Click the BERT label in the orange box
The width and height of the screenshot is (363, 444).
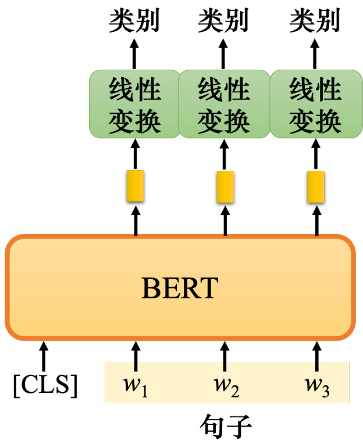click(x=180, y=288)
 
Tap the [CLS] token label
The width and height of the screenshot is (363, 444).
click(x=45, y=385)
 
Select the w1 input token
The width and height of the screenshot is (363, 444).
click(x=135, y=387)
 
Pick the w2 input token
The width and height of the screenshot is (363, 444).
click(x=226, y=387)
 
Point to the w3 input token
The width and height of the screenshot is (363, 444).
click(x=317, y=387)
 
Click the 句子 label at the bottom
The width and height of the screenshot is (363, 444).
click(x=226, y=427)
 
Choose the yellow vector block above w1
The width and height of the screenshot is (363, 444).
click(x=135, y=186)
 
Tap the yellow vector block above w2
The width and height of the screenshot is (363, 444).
click(x=225, y=187)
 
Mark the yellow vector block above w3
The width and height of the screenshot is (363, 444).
click(x=316, y=187)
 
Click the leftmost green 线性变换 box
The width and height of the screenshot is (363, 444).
click(x=134, y=104)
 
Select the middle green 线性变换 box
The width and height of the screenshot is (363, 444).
click(x=224, y=104)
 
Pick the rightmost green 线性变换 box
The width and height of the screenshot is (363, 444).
click(x=316, y=104)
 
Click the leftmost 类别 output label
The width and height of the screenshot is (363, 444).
click(x=134, y=20)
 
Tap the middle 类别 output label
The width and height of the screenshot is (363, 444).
click(x=223, y=20)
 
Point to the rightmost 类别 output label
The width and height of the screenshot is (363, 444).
click(x=315, y=20)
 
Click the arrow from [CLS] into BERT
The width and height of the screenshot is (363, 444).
click(x=44, y=356)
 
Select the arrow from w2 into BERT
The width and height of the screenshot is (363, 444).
click(x=225, y=356)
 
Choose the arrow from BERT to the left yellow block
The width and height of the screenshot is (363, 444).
click(x=136, y=221)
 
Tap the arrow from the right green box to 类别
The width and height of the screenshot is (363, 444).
click(x=315, y=54)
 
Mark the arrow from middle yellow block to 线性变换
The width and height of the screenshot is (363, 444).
click(x=224, y=154)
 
